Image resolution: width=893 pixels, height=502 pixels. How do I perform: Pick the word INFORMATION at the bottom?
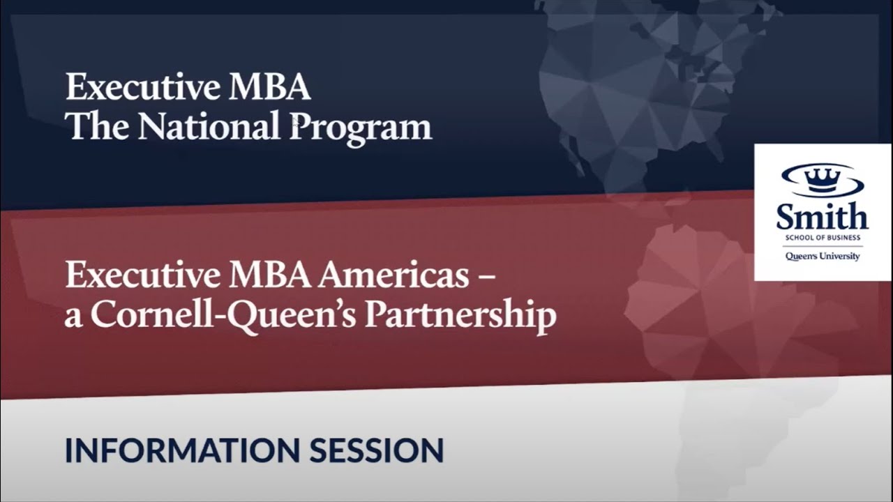[x=182, y=450]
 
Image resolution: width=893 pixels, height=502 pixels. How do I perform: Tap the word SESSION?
[x=377, y=450]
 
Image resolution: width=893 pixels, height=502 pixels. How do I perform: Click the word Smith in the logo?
[x=823, y=217]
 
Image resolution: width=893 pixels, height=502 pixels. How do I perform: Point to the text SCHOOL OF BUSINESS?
[x=823, y=238]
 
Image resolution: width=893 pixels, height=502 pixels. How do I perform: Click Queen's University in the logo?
[x=823, y=257]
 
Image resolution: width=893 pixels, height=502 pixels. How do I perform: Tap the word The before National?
[x=97, y=127]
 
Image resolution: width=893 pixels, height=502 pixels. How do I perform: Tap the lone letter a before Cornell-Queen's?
[x=73, y=318]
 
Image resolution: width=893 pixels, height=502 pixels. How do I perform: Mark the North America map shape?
[x=642, y=91]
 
